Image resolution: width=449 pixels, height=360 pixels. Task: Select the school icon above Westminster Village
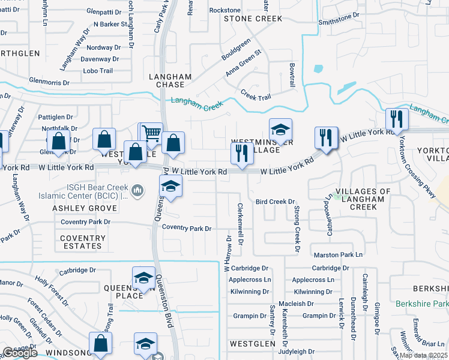coord(280,129)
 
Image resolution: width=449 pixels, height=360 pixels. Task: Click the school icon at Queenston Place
coord(143,277)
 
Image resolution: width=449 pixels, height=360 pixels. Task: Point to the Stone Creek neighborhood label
coord(253,19)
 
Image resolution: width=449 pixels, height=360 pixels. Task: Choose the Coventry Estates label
coord(82,242)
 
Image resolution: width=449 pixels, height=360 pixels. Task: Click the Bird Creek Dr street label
coord(275,202)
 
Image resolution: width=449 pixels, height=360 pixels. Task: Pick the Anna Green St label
coord(244,63)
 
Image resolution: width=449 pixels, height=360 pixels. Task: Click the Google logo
coord(20,353)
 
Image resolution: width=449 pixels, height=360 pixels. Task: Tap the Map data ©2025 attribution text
coord(423,355)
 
